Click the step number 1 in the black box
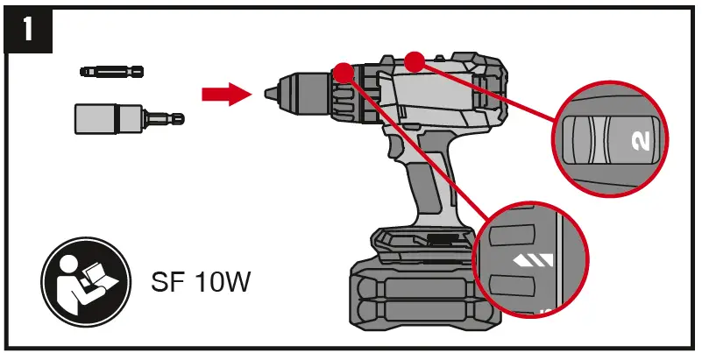pos(28,31)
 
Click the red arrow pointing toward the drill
pos(219,94)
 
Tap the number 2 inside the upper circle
pos(638,140)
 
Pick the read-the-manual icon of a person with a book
pos(86,282)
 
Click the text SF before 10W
pos(170,285)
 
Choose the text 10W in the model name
pos(223,285)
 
